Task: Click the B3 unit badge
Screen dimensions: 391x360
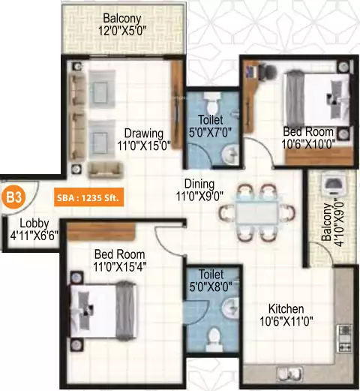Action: (13, 198)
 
